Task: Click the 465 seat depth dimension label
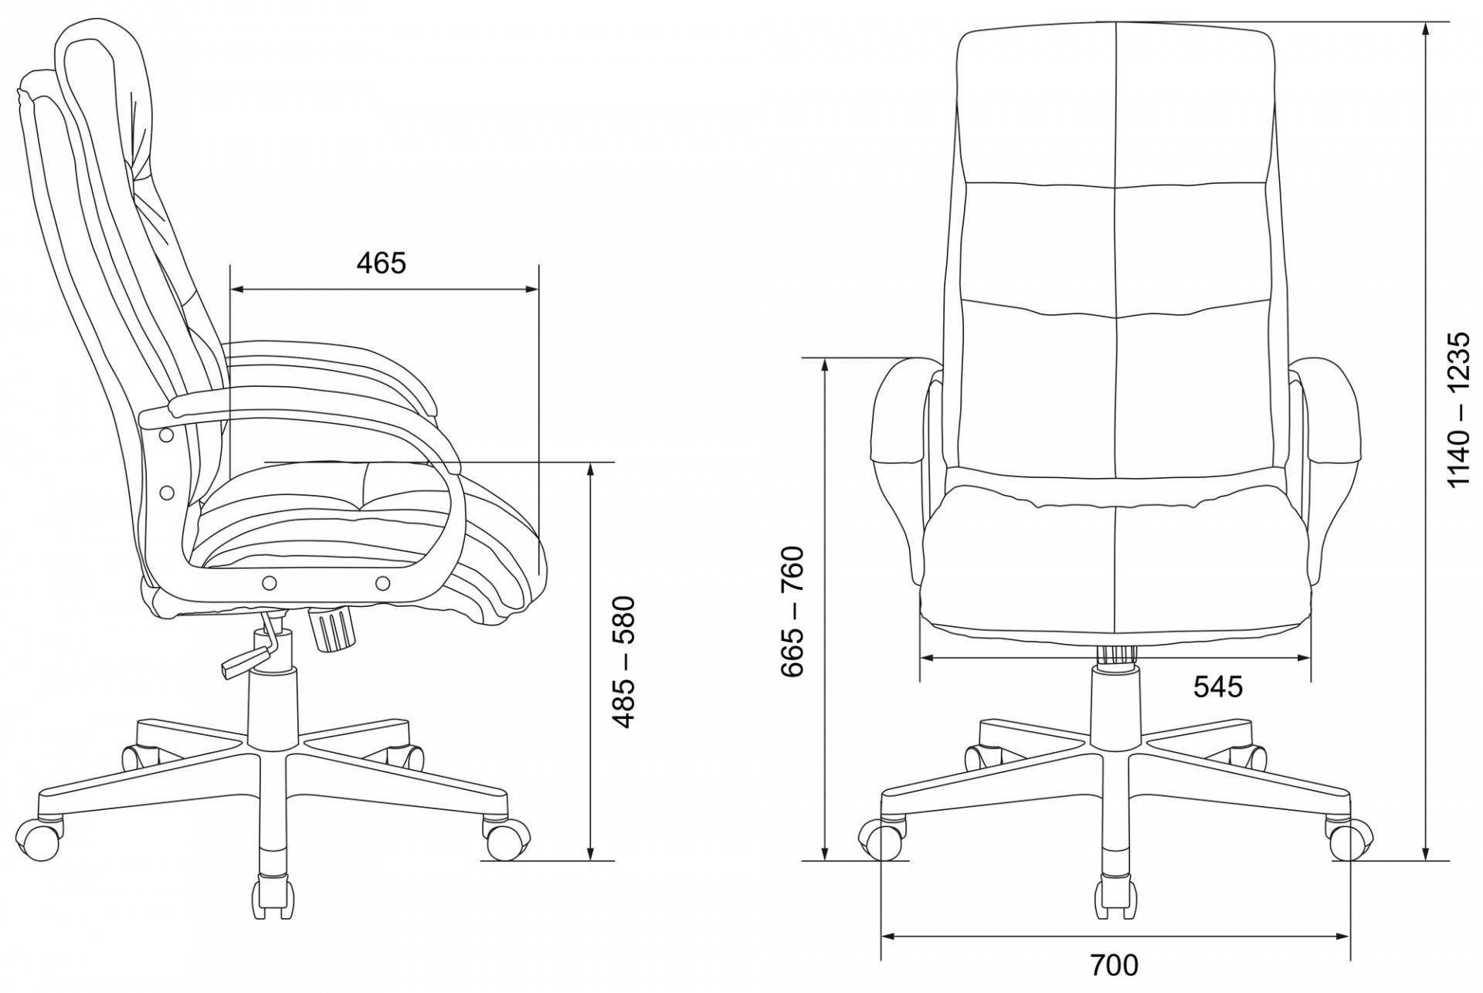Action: (381, 264)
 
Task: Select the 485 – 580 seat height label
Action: (623, 662)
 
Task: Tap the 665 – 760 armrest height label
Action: (792, 612)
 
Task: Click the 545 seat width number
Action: (1218, 686)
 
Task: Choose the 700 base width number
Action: (1115, 965)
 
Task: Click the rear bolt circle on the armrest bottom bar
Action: (270, 582)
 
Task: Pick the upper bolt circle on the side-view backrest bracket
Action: (165, 436)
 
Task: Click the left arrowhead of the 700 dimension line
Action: (888, 937)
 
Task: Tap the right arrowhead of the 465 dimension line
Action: (531, 290)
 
